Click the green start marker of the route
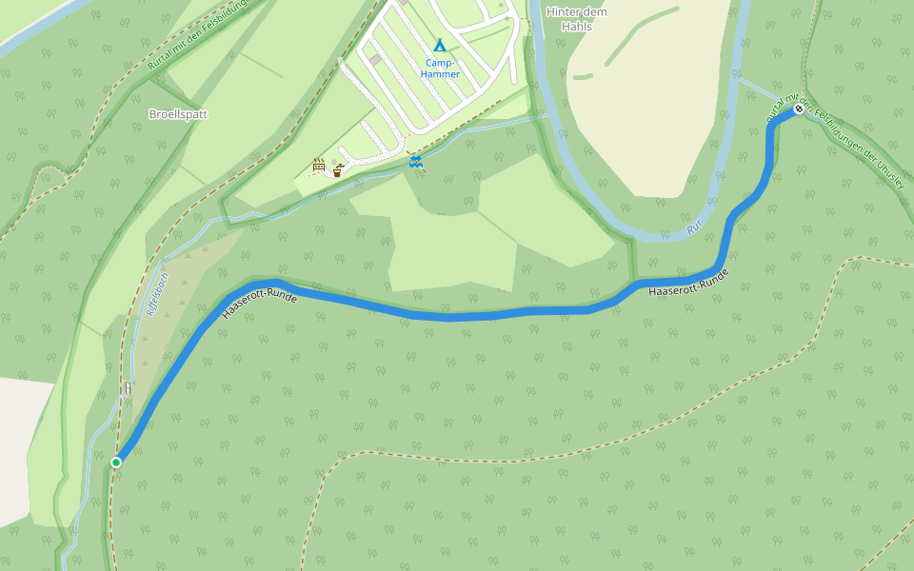pyautogui.click(x=116, y=463)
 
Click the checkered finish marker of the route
pyautogui.click(x=799, y=109)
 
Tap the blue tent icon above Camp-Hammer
pyautogui.click(x=440, y=45)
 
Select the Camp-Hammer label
pyautogui.click(x=442, y=69)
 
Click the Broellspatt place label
pyautogui.click(x=178, y=114)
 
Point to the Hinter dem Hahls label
pyautogui.click(x=577, y=19)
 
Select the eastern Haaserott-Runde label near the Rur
pyautogui.click(x=688, y=282)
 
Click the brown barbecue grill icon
pyautogui.click(x=319, y=167)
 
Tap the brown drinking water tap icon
pyautogui.click(x=338, y=170)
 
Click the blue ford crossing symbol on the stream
pyautogui.click(x=415, y=162)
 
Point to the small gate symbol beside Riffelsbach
pyautogui.click(x=128, y=387)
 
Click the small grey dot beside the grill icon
pyautogui.click(x=329, y=168)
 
